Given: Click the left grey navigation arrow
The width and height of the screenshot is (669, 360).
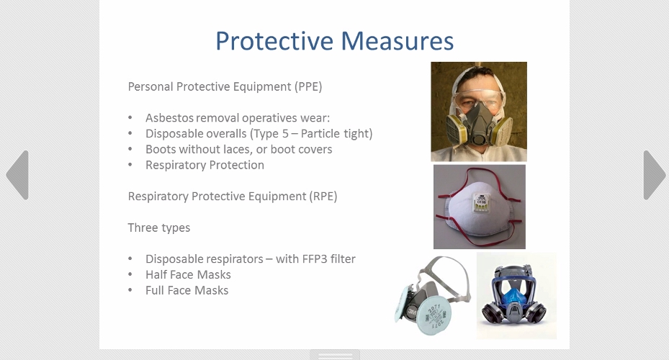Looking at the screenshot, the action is (18, 175).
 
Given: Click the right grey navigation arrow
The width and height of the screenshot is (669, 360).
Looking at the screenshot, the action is (654, 175).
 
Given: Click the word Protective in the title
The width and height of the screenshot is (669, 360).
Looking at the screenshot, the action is (274, 41).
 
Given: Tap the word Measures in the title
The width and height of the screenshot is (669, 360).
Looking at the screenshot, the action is (398, 41).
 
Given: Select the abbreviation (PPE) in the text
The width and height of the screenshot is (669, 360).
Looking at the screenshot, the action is (308, 86).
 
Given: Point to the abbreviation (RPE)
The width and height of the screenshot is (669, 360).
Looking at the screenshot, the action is (323, 197).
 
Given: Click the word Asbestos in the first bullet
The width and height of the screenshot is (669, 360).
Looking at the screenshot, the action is (170, 118).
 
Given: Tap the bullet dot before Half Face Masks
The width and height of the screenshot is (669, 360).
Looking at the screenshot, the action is (130, 275).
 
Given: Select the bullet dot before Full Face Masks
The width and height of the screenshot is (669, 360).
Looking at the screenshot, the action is (130, 290).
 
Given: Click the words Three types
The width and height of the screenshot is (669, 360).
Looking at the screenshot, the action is (159, 228).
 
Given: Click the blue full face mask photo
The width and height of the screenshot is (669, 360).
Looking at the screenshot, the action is (516, 296).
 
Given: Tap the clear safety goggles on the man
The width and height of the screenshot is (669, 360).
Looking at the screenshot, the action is (478, 99).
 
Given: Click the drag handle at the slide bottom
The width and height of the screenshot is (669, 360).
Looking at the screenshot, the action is (335, 355).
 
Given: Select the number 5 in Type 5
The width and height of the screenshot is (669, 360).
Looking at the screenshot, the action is (285, 133).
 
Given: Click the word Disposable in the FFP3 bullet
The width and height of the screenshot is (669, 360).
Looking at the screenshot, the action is (174, 259).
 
